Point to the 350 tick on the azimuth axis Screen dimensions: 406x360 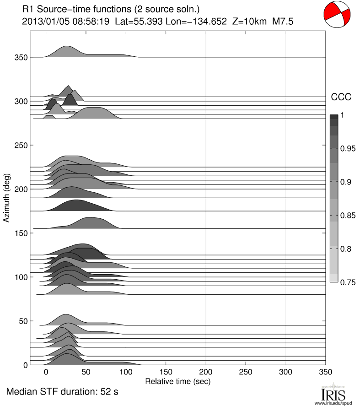coord(21,58)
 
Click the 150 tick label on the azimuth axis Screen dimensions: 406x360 coord(21,233)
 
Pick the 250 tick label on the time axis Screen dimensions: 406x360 coord(246,372)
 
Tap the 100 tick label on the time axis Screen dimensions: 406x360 coord(126,372)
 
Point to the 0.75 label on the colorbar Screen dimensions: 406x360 coord(347,282)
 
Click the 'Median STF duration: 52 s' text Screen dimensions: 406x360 coord(62,392)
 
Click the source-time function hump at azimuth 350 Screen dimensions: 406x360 coord(67,52)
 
